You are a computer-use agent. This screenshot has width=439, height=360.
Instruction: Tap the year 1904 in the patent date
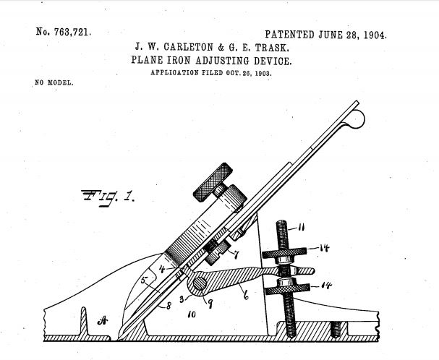[x=375, y=35]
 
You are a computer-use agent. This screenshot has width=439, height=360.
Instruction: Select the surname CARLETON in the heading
[x=189, y=47]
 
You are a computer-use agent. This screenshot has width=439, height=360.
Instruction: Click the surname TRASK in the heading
[x=272, y=48]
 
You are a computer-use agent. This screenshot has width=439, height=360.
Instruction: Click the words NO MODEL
[x=54, y=82]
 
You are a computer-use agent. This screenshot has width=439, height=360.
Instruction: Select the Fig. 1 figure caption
[x=108, y=198]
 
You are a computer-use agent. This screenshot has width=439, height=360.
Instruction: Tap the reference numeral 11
[x=301, y=227]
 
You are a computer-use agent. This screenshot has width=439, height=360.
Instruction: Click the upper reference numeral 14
[x=324, y=248]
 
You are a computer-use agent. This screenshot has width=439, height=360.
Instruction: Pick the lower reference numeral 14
[x=326, y=286]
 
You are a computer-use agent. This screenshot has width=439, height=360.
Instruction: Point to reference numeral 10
[x=192, y=314]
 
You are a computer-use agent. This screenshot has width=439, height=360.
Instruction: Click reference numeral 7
[x=236, y=254]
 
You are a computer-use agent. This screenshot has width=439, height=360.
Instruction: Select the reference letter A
[x=103, y=320]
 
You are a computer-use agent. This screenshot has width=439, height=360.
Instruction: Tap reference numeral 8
[x=169, y=306]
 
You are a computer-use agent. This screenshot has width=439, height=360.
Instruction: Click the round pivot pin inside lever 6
[x=200, y=283]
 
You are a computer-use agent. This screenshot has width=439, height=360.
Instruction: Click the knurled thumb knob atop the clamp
[x=213, y=182]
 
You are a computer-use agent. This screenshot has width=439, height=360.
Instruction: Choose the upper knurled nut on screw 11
[x=284, y=253]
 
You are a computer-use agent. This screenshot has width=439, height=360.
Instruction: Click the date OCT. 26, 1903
[x=249, y=73]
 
